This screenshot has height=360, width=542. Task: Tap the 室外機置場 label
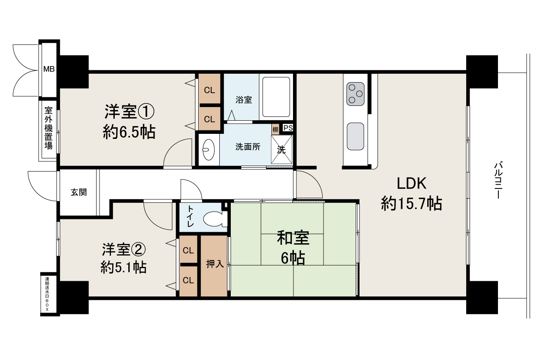tap(49, 128)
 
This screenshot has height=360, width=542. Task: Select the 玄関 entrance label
tap(79, 192)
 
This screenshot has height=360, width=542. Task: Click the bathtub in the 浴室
tap(277, 97)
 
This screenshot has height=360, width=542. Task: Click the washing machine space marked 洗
tap(281, 149)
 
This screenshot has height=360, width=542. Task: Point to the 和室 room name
tap(293, 238)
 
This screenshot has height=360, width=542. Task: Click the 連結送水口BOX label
tap(47, 294)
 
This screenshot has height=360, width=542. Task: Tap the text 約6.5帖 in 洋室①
tap(129, 133)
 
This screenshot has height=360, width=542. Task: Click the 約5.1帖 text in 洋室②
tap(124, 267)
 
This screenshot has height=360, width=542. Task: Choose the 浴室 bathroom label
tap(244, 100)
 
